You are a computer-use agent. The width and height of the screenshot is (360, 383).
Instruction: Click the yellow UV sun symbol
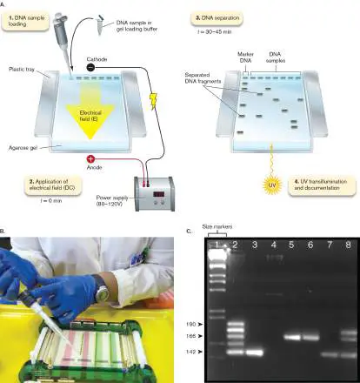click(x=272, y=185)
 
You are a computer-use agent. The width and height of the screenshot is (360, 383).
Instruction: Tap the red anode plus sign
click(x=90, y=159)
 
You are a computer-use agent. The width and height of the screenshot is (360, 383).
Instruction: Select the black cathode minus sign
click(x=90, y=68)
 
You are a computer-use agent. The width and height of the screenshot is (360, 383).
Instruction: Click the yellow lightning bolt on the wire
click(x=154, y=101)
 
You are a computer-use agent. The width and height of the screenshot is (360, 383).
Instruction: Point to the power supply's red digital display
click(x=158, y=194)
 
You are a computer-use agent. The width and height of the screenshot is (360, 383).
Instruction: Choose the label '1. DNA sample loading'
click(x=25, y=21)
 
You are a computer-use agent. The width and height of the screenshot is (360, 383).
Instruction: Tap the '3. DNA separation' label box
click(x=217, y=18)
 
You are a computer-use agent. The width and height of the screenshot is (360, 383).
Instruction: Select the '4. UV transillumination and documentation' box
click(x=322, y=185)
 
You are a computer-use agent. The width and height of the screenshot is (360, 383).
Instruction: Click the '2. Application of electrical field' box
click(x=51, y=185)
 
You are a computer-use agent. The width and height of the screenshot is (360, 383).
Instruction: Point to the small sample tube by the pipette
click(x=100, y=25)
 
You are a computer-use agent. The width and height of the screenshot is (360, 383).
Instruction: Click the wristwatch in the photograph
click(x=102, y=292)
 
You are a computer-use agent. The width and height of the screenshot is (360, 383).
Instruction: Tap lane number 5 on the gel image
click(x=291, y=245)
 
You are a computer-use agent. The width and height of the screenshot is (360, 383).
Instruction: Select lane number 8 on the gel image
click(x=348, y=245)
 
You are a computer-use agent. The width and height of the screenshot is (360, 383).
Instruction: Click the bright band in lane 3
click(x=255, y=353)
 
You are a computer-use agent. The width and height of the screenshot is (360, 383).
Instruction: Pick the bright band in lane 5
click(x=292, y=338)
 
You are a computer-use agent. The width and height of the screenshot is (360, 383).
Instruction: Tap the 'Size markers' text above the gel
click(x=217, y=226)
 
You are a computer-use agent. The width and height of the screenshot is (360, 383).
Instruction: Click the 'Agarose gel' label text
click(x=23, y=148)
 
